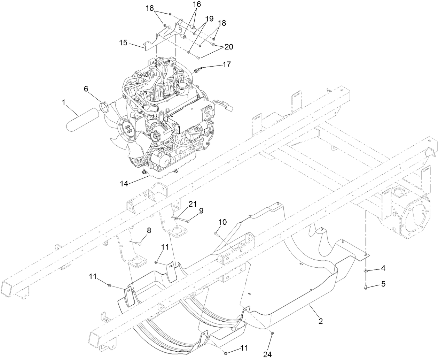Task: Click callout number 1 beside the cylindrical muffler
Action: click(x=64, y=102)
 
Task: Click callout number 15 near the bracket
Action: click(x=124, y=43)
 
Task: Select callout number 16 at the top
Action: click(x=197, y=4)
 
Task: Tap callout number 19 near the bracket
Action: click(x=209, y=20)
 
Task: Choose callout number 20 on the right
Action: click(x=228, y=46)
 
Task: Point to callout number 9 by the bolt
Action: click(x=201, y=210)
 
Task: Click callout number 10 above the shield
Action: click(x=222, y=222)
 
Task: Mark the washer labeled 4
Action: click(x=366, y=270)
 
